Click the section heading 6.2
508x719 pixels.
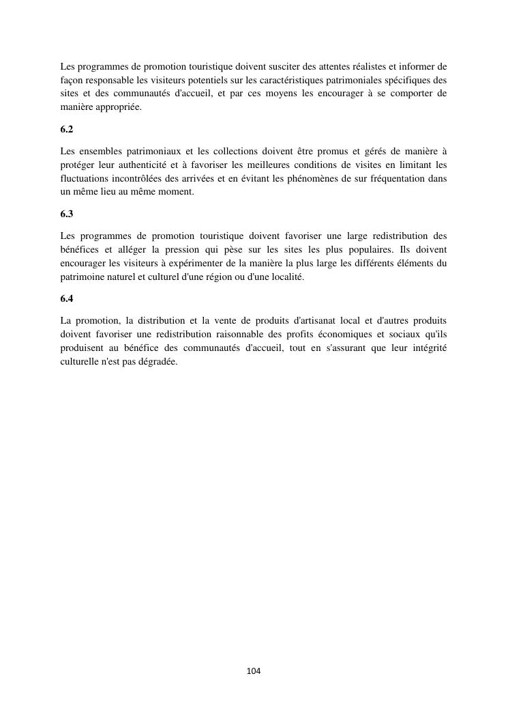point(66,128)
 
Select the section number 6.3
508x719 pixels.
point(66,214)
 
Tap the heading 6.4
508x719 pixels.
point(66,298)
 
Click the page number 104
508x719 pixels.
point(254,671)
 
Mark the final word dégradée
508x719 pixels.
point(158,362)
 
